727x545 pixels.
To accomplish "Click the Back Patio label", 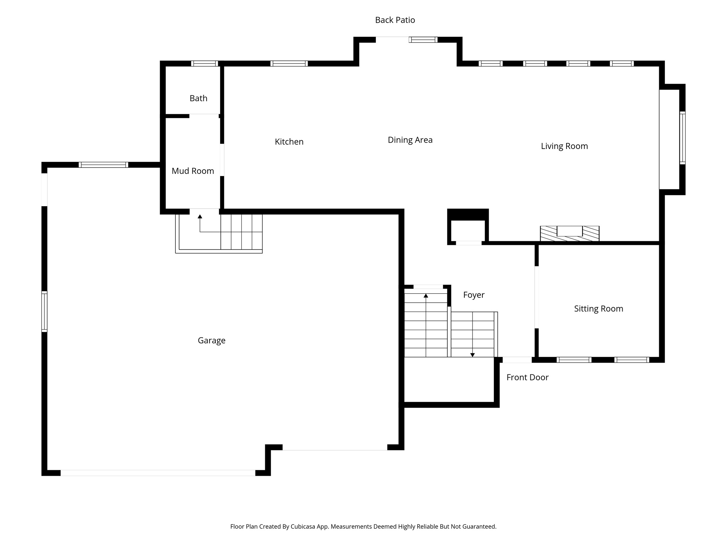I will (x=395, y=20).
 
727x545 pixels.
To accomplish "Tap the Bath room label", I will (x=198, y=98).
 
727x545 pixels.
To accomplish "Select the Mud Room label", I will (x=193, y=171).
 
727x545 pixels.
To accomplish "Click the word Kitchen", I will (x=289, y=142).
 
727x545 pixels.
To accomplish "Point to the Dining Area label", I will (x=410, y=140).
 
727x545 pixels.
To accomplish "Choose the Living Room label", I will (x=564, y=146).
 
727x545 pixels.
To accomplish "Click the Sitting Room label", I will (x=598, y=309).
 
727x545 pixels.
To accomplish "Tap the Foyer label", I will (x=474, y=295).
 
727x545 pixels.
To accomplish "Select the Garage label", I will (x=212, y=341).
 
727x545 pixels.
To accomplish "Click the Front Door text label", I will (x=527, y=378).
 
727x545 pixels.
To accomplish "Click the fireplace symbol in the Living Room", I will (x=569, y=233).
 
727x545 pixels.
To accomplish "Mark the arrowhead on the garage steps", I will (x=200, y=216).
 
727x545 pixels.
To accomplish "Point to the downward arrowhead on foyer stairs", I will (x=472, y=355).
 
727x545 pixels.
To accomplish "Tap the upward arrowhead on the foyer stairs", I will (x=426, y=296).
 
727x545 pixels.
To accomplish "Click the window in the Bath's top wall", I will (x=204, y=64).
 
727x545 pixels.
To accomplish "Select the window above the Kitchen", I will (x=289, y=64).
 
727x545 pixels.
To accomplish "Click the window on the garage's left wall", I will (x=44, y=312).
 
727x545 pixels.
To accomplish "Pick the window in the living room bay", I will (x=682, y=138).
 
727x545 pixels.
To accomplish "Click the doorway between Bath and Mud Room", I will (x=204, y=116).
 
